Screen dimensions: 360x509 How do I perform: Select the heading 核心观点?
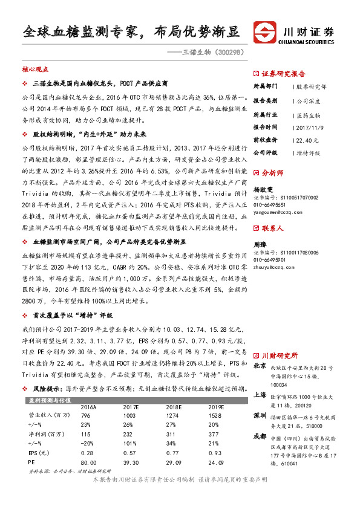(x=35, y=70)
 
